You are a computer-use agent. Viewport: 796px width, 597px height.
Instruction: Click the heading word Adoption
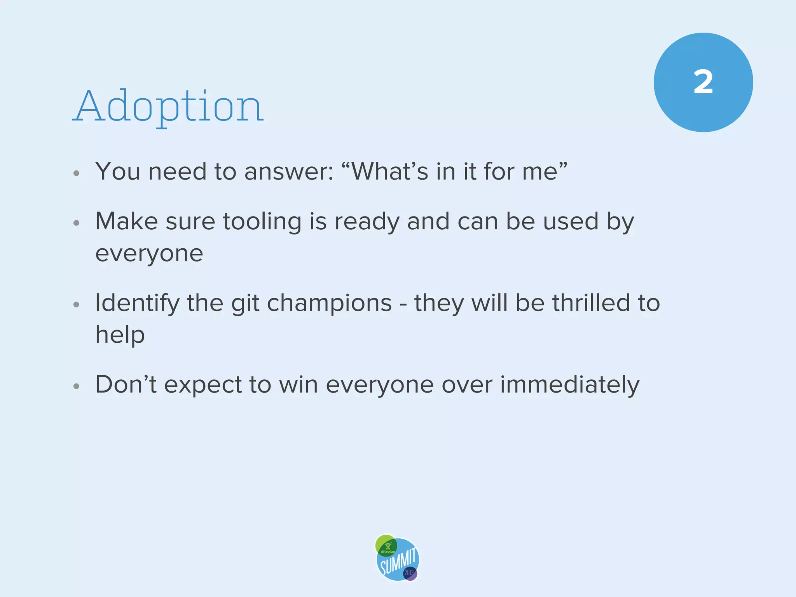coord(168,106)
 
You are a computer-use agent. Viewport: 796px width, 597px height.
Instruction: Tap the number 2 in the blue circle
coord(703,82)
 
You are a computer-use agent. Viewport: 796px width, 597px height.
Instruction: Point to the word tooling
coord(262,222)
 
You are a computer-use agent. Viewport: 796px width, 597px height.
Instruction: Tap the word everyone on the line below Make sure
coord(149,254)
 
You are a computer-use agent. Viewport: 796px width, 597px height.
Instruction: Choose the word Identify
coord(137,304)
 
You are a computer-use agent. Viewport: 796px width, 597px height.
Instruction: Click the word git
coord(245,304)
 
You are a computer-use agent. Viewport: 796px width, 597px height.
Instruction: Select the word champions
coord(329,304)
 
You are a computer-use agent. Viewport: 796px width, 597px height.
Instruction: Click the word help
coord(120,335)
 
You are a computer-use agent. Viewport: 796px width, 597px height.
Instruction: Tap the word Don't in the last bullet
coord(126,384)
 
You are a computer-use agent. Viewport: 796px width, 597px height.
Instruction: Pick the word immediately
coord(569,385)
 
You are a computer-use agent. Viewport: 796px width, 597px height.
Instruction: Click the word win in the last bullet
coord(298,384)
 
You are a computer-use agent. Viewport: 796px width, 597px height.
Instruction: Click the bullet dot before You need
coord(76,173)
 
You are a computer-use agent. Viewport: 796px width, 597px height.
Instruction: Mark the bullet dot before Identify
coord(76,305)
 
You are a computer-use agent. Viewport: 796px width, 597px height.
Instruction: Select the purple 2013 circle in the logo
coord(410,573)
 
